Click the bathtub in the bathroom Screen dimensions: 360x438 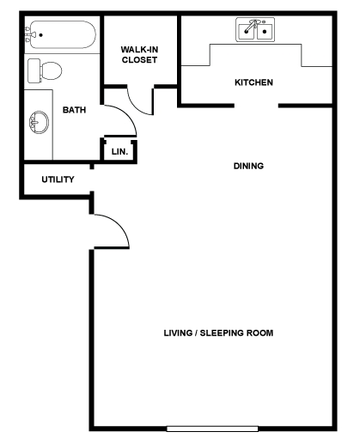[x=61, y=34]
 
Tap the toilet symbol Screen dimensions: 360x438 [x=45, y=70]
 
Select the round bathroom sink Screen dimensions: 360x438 [x=39, y=122]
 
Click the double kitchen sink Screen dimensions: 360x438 [x=255, y=29]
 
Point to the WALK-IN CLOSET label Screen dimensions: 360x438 [x=139, y=55]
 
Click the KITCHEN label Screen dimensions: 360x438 [x=253, y=82]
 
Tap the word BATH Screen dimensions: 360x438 [x=74, y=110]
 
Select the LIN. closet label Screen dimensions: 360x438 [x=119, y=152]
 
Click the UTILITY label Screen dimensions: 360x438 [x=58, y=179]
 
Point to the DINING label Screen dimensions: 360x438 [x=248, y=166]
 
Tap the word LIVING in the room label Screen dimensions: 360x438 [x=178, y=333]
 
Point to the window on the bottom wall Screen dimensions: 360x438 [x=212, y=429]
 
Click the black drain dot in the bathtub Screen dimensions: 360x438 [x=41, y=35]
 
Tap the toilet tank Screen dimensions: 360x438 [x=34, y=70]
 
